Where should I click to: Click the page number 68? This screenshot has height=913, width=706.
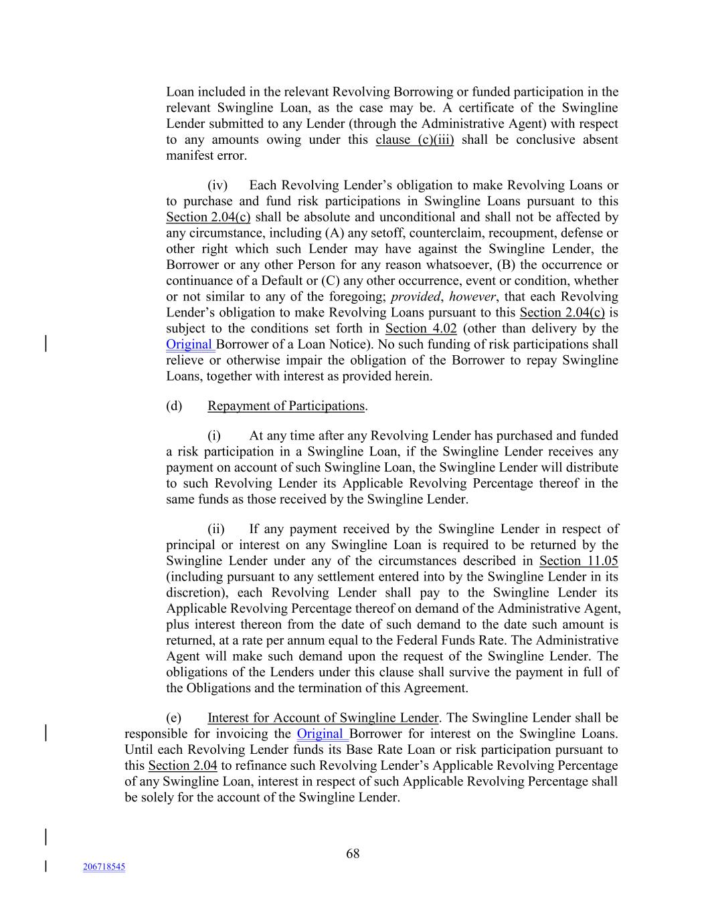[x=353, y=853]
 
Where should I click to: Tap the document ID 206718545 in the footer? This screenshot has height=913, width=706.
[x=104, y=867]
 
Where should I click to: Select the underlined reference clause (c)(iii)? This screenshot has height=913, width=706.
[x=414, y=140]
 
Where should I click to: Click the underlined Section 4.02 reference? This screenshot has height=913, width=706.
[x=421, y=328]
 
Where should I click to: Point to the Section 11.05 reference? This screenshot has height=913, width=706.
[x=578, y=561]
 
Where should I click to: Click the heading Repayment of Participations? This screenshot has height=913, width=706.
[x=286, y=406]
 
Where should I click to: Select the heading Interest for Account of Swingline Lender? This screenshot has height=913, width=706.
[x=323, y=718]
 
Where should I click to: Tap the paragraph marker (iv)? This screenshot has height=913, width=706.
[x=217, y=185]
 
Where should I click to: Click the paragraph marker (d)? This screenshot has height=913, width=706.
[x=174, y=406]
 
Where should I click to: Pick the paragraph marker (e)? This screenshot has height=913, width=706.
[x=173, y=718]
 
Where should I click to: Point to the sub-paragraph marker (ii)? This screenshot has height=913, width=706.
[x=216, y=529]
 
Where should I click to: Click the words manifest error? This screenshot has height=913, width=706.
[x=206, y=156]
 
